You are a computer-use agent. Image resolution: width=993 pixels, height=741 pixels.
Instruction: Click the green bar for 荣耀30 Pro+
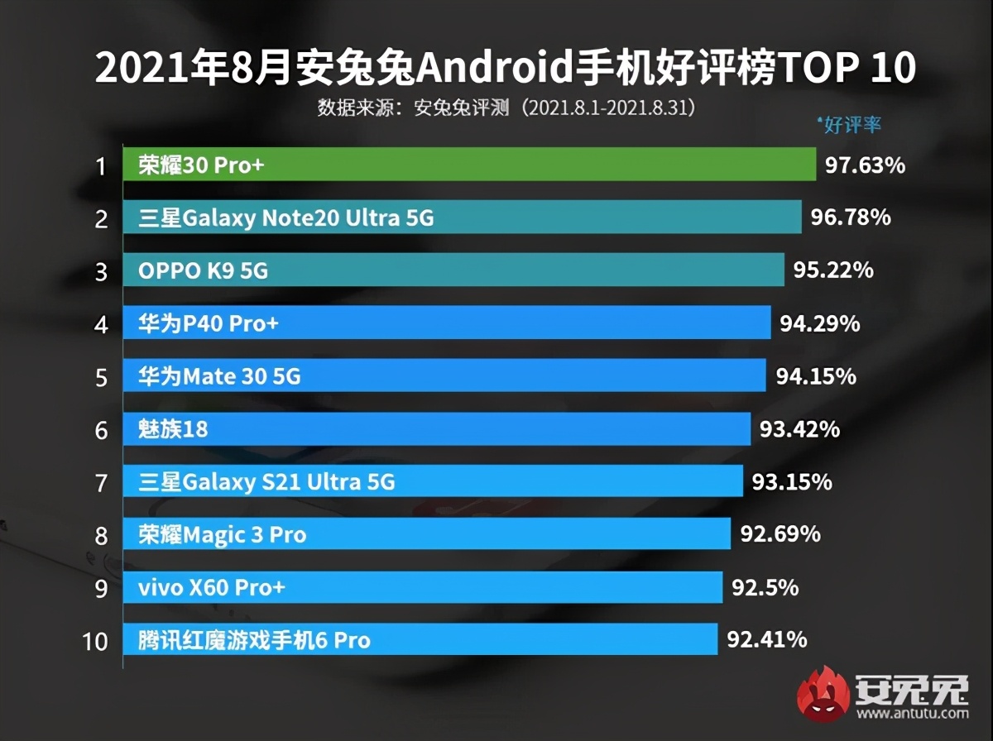point(469,165)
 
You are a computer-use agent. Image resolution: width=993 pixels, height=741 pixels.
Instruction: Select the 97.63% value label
point(865,165)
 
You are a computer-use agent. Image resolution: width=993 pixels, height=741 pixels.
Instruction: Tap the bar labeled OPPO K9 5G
point(453,270)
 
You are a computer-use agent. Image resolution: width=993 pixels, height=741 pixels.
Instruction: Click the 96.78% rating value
point(851,218)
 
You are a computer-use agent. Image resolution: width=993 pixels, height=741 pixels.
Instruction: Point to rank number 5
point(101,378)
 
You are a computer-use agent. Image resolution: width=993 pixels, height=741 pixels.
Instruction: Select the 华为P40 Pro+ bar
point(447,323)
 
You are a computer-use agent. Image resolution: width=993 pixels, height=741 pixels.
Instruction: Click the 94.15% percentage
point(815,377)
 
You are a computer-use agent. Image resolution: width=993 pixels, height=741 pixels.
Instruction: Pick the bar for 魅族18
point(437,429)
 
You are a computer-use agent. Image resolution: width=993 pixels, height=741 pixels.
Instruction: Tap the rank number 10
point(96,640)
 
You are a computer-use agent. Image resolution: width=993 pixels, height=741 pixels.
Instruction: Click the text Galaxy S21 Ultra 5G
point(288,482)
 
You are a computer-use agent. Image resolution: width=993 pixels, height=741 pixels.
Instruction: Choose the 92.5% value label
point(765,587)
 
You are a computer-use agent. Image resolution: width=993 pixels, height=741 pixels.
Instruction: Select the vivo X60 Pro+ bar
point(422,587)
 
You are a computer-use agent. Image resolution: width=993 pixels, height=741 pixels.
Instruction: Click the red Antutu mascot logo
point(823,692)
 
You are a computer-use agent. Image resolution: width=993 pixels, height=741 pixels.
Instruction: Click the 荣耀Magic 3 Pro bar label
point(222,535)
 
